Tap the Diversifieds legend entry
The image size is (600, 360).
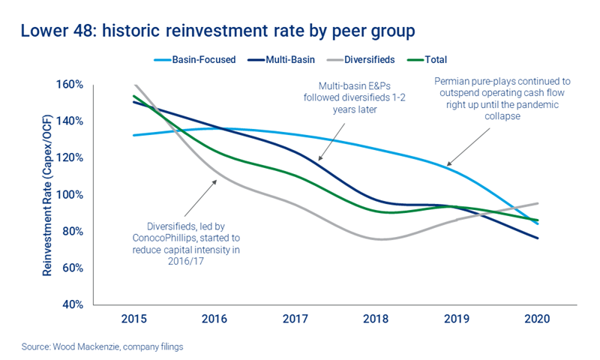(x=365, y=60)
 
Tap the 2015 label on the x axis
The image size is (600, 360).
(x=133, y=319)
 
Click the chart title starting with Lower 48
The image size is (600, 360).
(x=216, y=31)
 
